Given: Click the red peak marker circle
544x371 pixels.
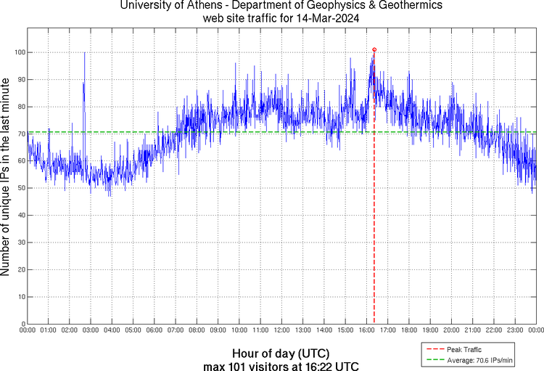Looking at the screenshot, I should (x=374, y=49).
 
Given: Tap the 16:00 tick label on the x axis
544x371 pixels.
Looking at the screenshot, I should (x=366, y=330).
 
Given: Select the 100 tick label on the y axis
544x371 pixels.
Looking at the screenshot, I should (x=19, y=52).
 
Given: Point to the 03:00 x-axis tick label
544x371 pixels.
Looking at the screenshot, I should (x=91, y=330).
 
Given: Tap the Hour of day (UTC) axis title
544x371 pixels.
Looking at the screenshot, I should (x=280, y=354).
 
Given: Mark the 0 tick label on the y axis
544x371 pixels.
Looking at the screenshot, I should (x=22, y=324).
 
